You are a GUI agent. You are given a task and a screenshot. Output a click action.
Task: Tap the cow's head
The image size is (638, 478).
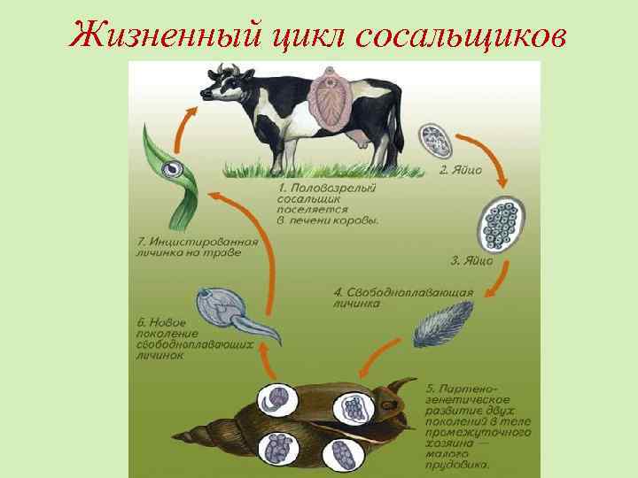(221, 84)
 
